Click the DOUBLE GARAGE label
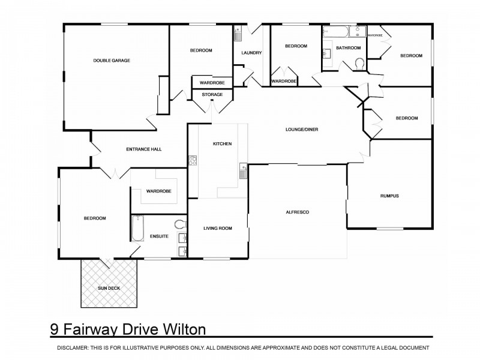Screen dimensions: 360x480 (x=112, y=61)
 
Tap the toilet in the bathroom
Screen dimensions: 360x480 (x=359, y=64)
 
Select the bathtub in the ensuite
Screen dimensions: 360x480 (x=137, y=229)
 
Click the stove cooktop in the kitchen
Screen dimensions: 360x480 (x=193, y=160)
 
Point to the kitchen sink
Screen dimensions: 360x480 (x=243, y=170)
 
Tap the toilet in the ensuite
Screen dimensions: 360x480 (x=179, y=224)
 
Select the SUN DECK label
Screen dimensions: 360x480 (x=108, y=289)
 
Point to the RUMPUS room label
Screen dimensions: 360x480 (x=389, y=196)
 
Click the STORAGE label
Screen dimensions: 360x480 (x=212, y=95)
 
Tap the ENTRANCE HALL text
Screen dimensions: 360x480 (x=143, y=149)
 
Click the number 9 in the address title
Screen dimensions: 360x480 (x=55, y=329)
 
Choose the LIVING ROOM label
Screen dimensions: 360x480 (x=217, y=228)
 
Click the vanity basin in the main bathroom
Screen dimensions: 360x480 (x=327, y=56)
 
